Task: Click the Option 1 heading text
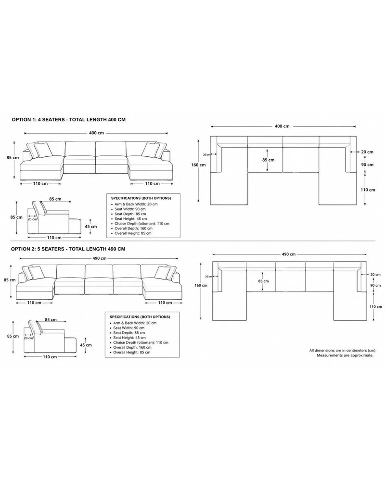click(68, 120)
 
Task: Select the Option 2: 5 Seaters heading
click(68, 249)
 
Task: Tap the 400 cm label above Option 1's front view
click(96, 133)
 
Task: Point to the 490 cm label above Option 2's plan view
click(289, 254)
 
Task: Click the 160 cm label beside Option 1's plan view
click(198, 165)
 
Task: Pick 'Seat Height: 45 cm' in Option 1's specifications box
click(131, 219)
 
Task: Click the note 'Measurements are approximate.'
click(345, 355)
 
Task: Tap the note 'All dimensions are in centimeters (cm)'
click(342, 350)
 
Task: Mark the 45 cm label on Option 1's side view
click(90, 227)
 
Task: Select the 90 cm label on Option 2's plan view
click(375, 285)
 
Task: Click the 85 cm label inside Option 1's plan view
click(269, 160)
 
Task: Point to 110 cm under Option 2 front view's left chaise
click(34, 303)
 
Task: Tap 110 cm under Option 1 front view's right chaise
click(152, 184)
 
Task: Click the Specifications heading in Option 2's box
click(140, 317)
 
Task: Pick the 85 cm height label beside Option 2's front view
click(10, 280)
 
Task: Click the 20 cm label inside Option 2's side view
click(28, 338)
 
